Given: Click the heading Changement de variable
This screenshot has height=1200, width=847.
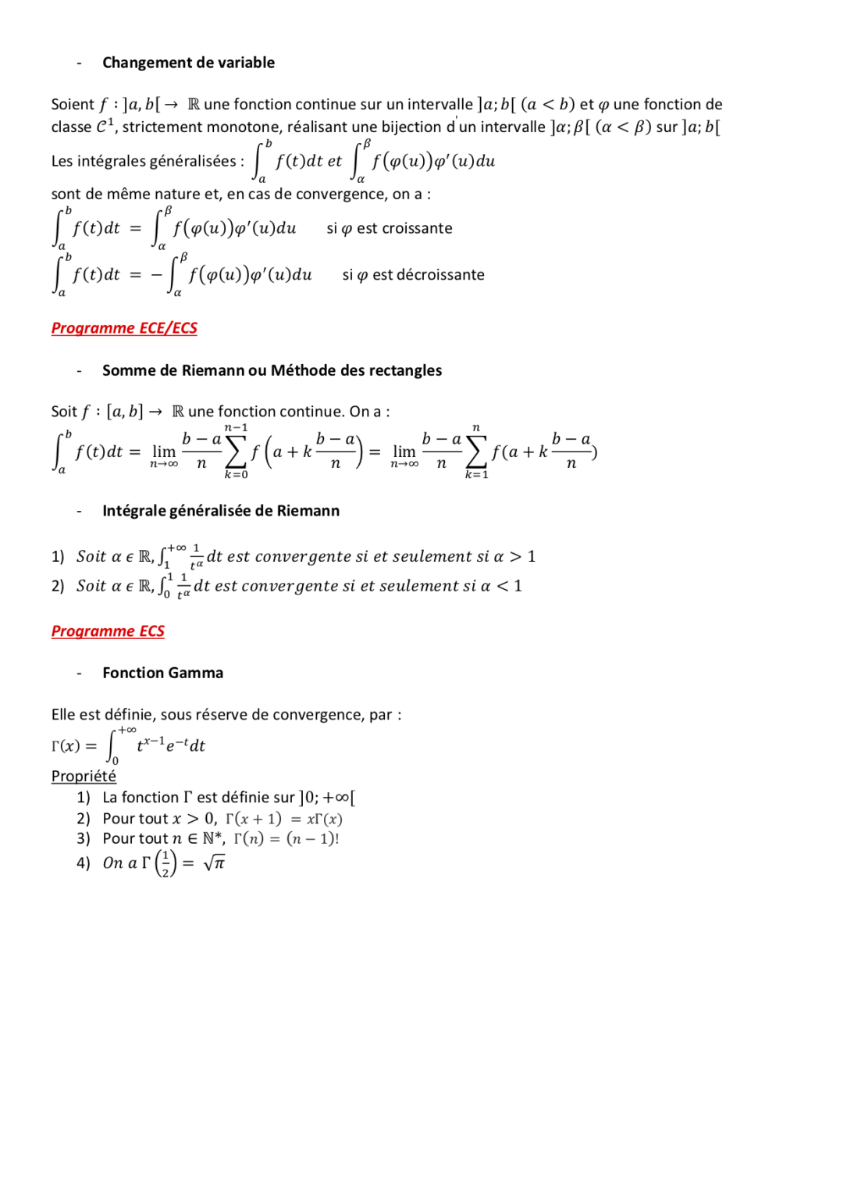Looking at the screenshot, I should pyautogui.click(x=188, y=62).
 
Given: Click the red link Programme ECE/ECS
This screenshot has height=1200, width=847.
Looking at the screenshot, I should pyautogui.click(x=124, y=328).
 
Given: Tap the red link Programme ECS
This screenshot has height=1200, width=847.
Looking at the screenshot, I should pyautogui.click(x=108, y=631).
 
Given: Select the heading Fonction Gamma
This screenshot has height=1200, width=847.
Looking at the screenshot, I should pyautogui.click(x=162, y=673).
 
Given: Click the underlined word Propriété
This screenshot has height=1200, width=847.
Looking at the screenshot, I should pyautogui.click(x=84, y=776).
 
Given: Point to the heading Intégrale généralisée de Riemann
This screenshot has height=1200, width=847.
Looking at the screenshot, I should pyautogui.click(x=221, y=511).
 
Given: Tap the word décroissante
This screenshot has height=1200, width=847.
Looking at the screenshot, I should pyautogui.click(x=440, y=275).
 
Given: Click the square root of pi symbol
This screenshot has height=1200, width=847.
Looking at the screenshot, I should pyautogui.click(x=214, y=862).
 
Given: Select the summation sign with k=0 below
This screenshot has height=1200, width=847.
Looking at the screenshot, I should pyautogui.click(x=235, y=452).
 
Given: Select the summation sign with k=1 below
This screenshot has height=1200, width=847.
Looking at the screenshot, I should pyautogui.click(x=475, y=452).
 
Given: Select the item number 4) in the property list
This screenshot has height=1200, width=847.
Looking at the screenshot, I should pyautogui.click(x=84, y=863).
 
